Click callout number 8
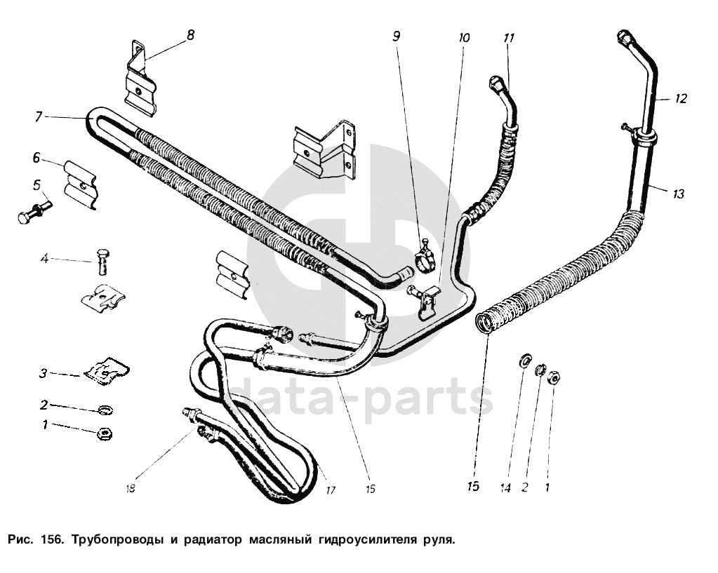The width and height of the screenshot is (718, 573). (190, 34)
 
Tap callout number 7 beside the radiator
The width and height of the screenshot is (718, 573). (39, 116)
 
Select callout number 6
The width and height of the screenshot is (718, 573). (36, 159)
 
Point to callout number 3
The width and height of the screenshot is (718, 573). (43, 374)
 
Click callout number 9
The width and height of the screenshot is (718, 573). (397, 35)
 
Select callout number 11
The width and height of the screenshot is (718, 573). (509, 38)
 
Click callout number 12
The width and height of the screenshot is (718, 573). (682, 99)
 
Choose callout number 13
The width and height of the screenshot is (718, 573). (677, 194)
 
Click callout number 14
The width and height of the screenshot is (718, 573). (505, 486)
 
